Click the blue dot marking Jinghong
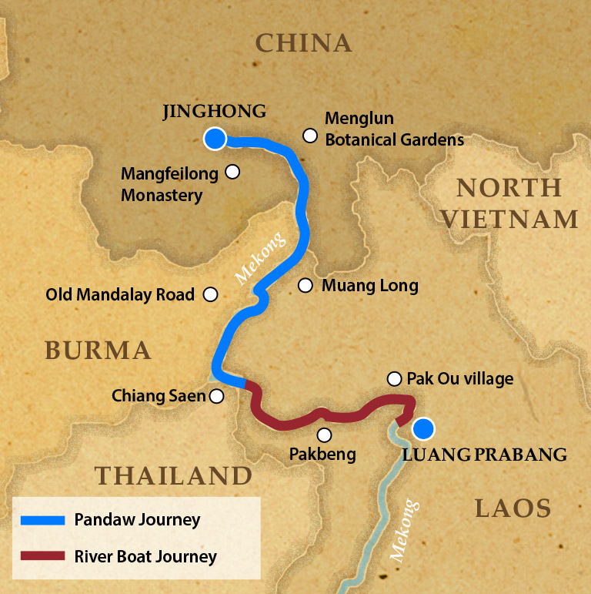[215, 139]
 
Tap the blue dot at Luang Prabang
[422, 428]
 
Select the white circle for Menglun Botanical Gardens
[310, 136]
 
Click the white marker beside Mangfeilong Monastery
[232, 172]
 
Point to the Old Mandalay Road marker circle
[209, 294]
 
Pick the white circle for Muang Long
[306, 286]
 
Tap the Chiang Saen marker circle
[217, 396]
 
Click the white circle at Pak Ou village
[394, 378]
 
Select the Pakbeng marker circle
[324, 435]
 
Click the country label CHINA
[303, 43]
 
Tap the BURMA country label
[98, 351]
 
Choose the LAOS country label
[513, 508]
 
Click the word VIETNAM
[509, 219]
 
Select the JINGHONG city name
[215, 111]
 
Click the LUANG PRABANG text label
[484, 455]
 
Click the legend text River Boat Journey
[145, 556]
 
